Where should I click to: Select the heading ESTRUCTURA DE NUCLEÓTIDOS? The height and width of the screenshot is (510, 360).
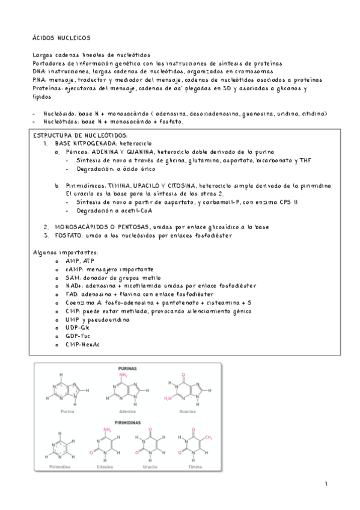pyautogui.click(x=82, y=136)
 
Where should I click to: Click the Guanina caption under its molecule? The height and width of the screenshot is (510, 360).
pyautogui.click(x=188, y=413)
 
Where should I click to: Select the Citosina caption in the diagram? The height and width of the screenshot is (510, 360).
pyautogui.click(x=106, y=467)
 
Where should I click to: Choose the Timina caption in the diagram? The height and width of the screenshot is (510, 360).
pyautogui.click(x=190, y=467)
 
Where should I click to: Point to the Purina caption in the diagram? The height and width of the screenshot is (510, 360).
pyautogui.click(x=67, y=413)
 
